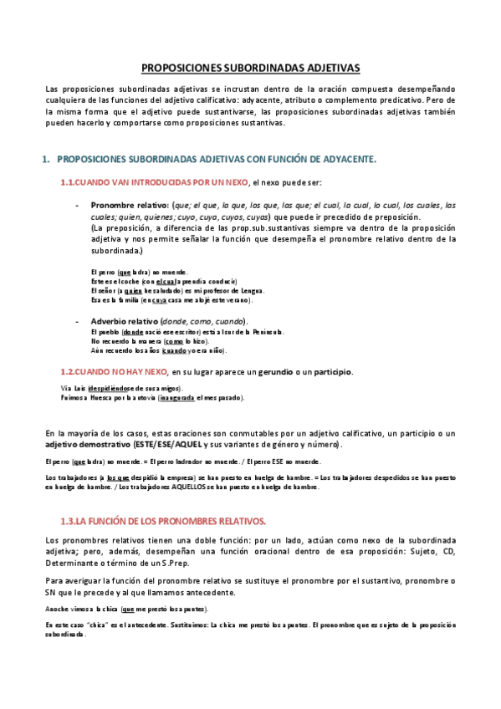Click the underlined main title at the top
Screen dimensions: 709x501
tap(250, 66)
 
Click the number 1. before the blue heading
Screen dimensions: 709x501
tap(47, 159)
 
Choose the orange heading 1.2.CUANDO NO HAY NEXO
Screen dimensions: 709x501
tap(113, 370)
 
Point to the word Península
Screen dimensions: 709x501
tap(266, 332)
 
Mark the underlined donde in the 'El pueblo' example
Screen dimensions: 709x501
tap(132, 332)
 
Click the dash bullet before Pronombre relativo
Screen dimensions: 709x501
tap(77, 206)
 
